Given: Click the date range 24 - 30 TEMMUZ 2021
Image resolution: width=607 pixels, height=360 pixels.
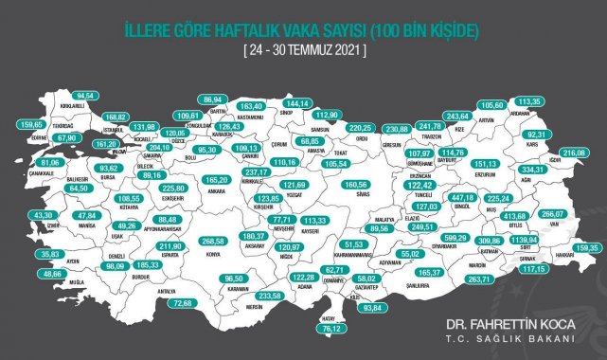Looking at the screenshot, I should click(x=303, y=45).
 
